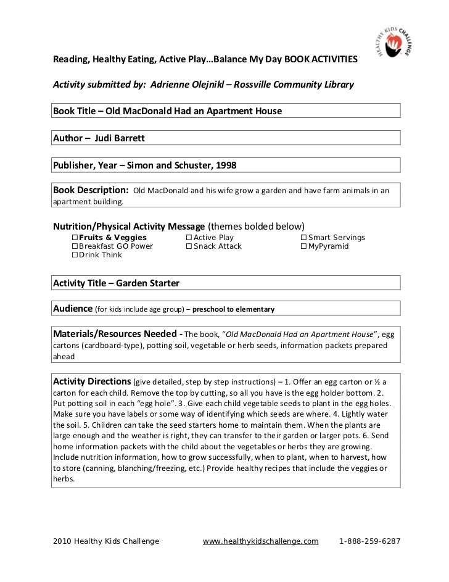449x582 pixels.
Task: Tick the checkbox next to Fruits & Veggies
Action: click(x=75, y=238)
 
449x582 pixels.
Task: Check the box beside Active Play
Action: click(x=189, y=238)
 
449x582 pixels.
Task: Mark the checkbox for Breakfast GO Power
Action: click(x=75, y=246)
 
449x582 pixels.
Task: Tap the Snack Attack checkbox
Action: click(x=189, y=246)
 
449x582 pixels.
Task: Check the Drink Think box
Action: click(x=75, y=255)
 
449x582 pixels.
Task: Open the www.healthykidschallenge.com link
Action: click(x=260, y=541)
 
